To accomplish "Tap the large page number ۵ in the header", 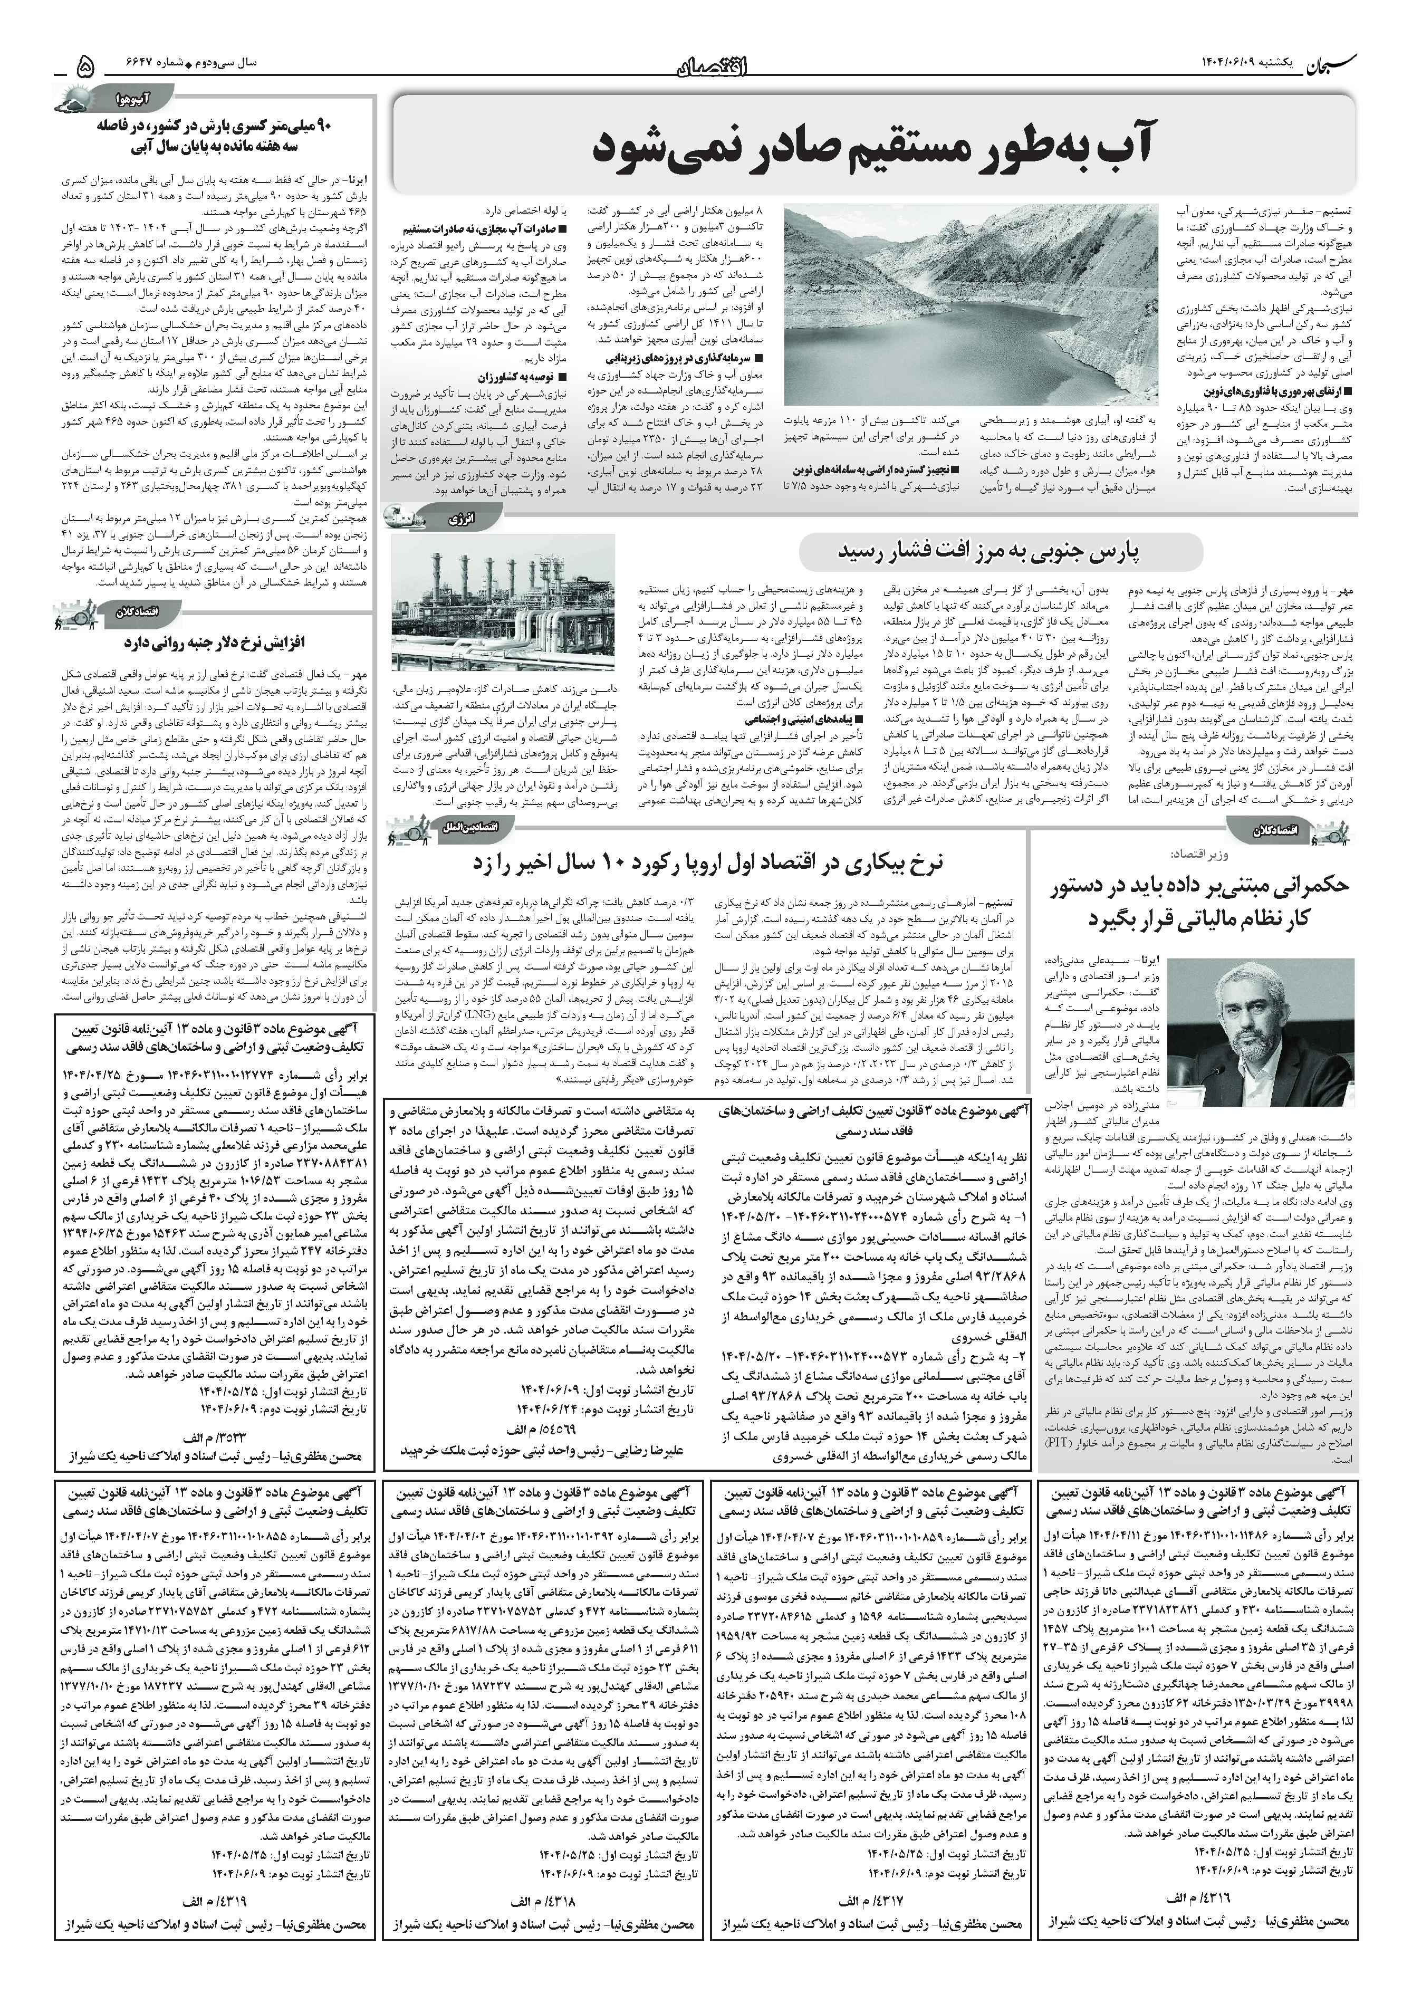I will pyautogui.click(x=86, y=65).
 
